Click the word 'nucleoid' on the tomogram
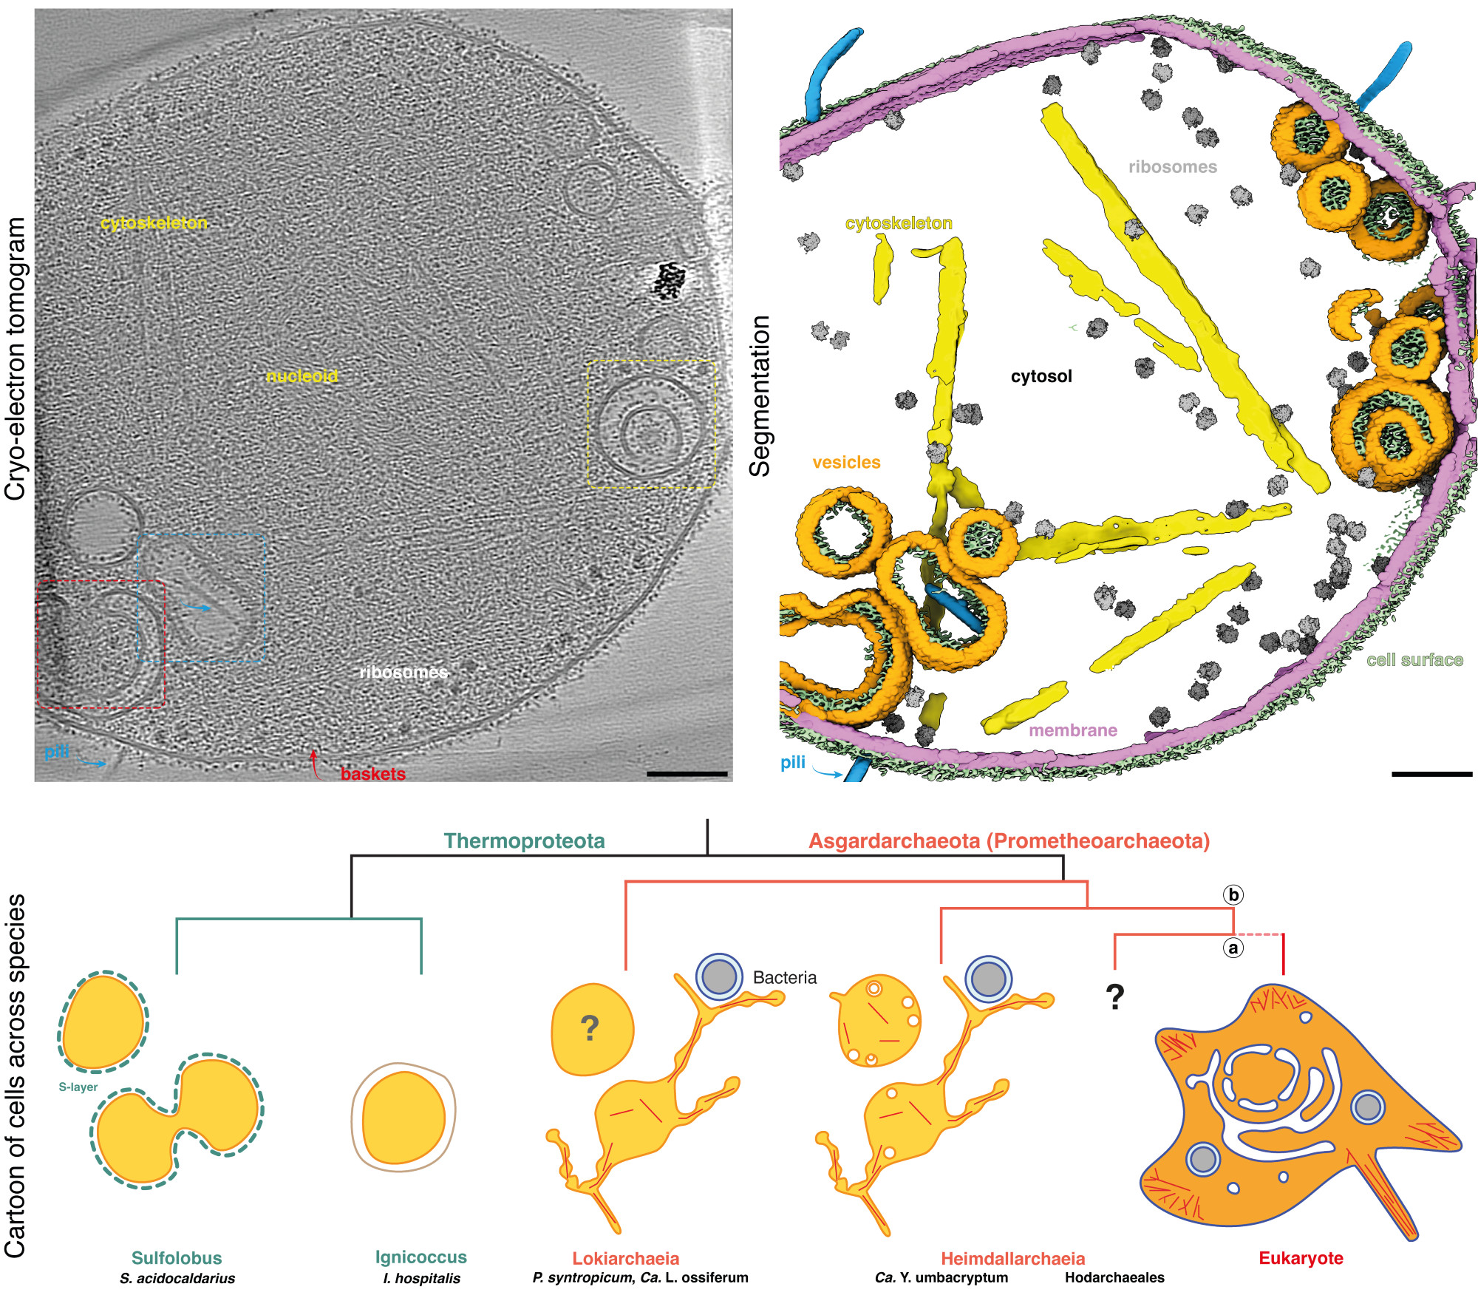coord(302,376)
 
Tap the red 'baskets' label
coord(372,774)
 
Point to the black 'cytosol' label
coord(1041,376)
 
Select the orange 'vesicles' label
coord(846,463)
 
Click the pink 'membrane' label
coord(1072,730)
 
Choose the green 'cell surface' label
coord(1414,660)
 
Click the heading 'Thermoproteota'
coord(524,841)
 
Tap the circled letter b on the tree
coord(1233,895)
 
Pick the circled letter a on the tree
coord(1233,948)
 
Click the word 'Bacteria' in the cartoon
coord(784,977)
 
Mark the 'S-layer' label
coord(78,1087)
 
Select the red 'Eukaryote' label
coord(1301,1258)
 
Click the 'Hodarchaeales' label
coord(1114,1277)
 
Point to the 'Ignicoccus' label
coord(420,1257)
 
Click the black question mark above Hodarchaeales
coord(1114,997)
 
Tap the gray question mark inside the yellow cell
coord(589,1027)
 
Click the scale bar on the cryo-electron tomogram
coord(687,774)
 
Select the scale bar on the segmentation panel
coord(1431,774)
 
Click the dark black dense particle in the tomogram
coord(670,279)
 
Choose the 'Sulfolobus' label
coord(177,1258)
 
